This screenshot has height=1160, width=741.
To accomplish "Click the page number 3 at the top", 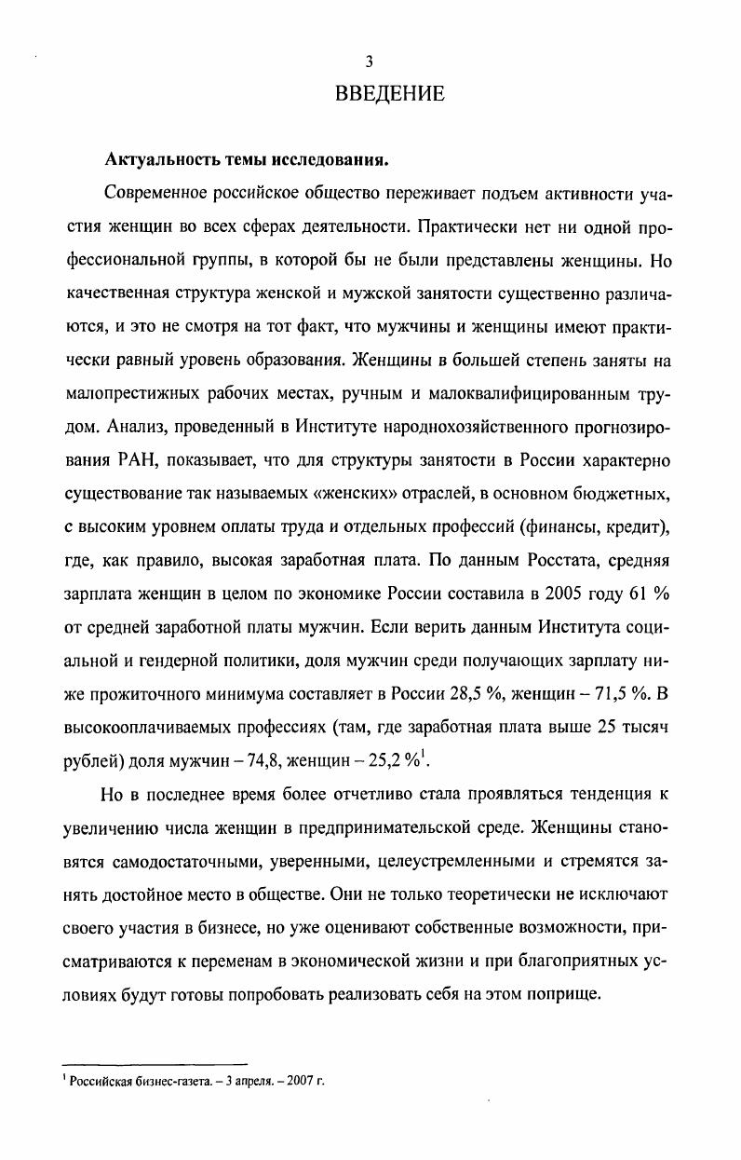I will pyautogui.click(x=370, y=62).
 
